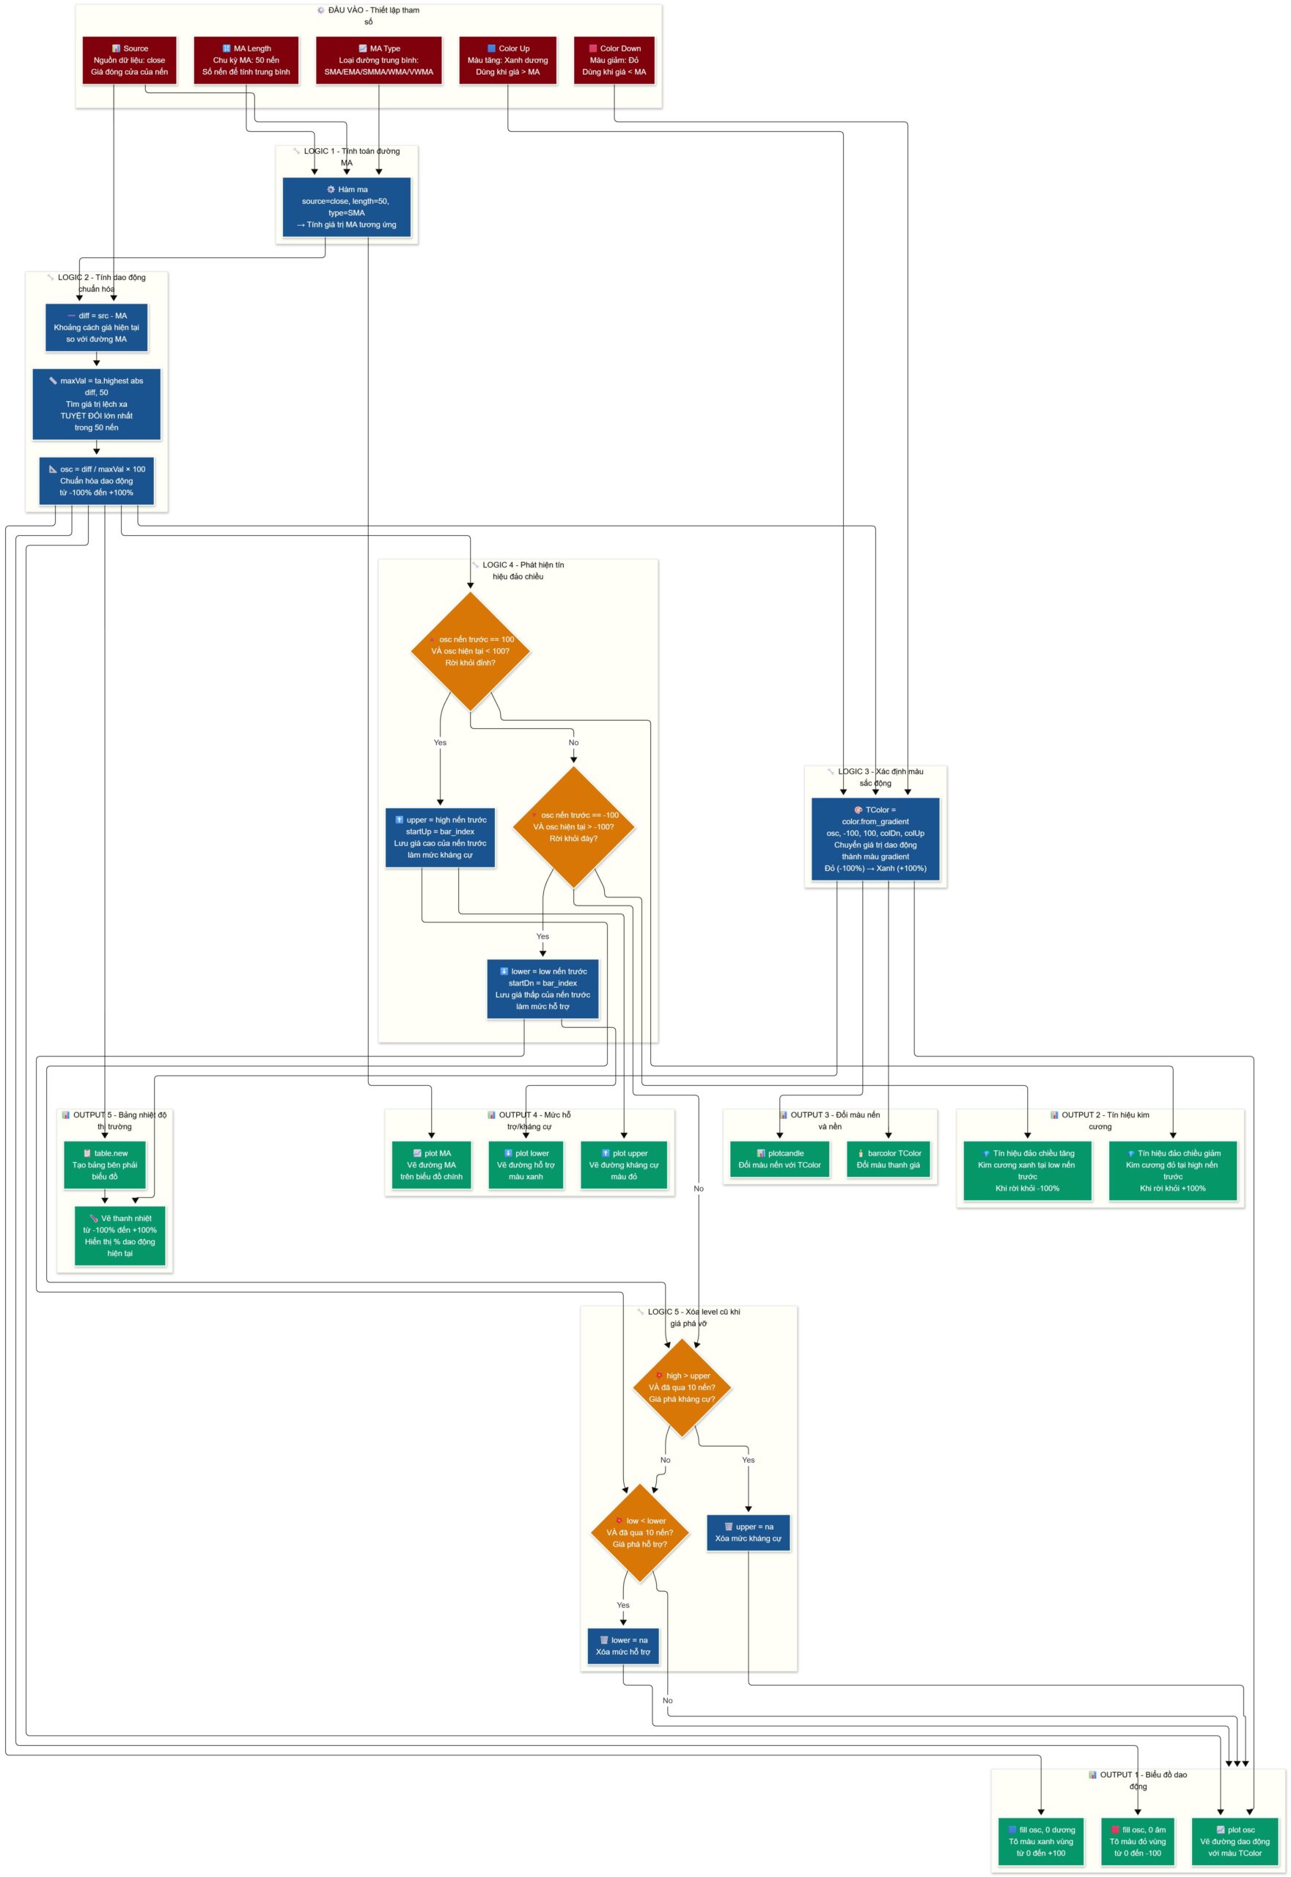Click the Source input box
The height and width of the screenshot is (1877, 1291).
[x=130, y=60]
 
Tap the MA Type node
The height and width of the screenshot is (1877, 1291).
[x=378, y=60]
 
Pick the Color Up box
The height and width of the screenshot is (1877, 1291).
[x=507, y=60]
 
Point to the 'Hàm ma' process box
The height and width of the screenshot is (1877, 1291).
[x=346, y=207]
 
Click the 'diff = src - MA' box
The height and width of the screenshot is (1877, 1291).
[x=96, y=328]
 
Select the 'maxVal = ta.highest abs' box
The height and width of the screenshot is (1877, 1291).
[x=96, y=404]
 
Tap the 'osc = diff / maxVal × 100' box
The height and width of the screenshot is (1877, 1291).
[x=96, y=480]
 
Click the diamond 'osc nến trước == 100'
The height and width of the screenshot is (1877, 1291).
[x=470, y=651]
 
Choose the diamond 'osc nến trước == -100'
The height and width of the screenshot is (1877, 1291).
[x=573, y=827]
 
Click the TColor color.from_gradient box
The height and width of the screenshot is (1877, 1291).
[x=875, y=839]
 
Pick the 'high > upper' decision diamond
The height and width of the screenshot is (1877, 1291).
[x=682, y=1387]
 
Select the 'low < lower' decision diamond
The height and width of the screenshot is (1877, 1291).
[x=640, y=1532]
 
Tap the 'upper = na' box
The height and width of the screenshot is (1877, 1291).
[x=749, y=1532]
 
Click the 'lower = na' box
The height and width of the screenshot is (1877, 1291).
[x=623, y=1645]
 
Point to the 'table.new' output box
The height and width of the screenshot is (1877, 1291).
[x=104, y=1165]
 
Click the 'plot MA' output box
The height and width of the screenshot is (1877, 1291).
[x=431, y=1165]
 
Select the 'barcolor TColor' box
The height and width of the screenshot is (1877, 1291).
[x=889, y=1159]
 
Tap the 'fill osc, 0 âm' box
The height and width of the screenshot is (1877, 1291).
[x=1137, y=1841]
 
